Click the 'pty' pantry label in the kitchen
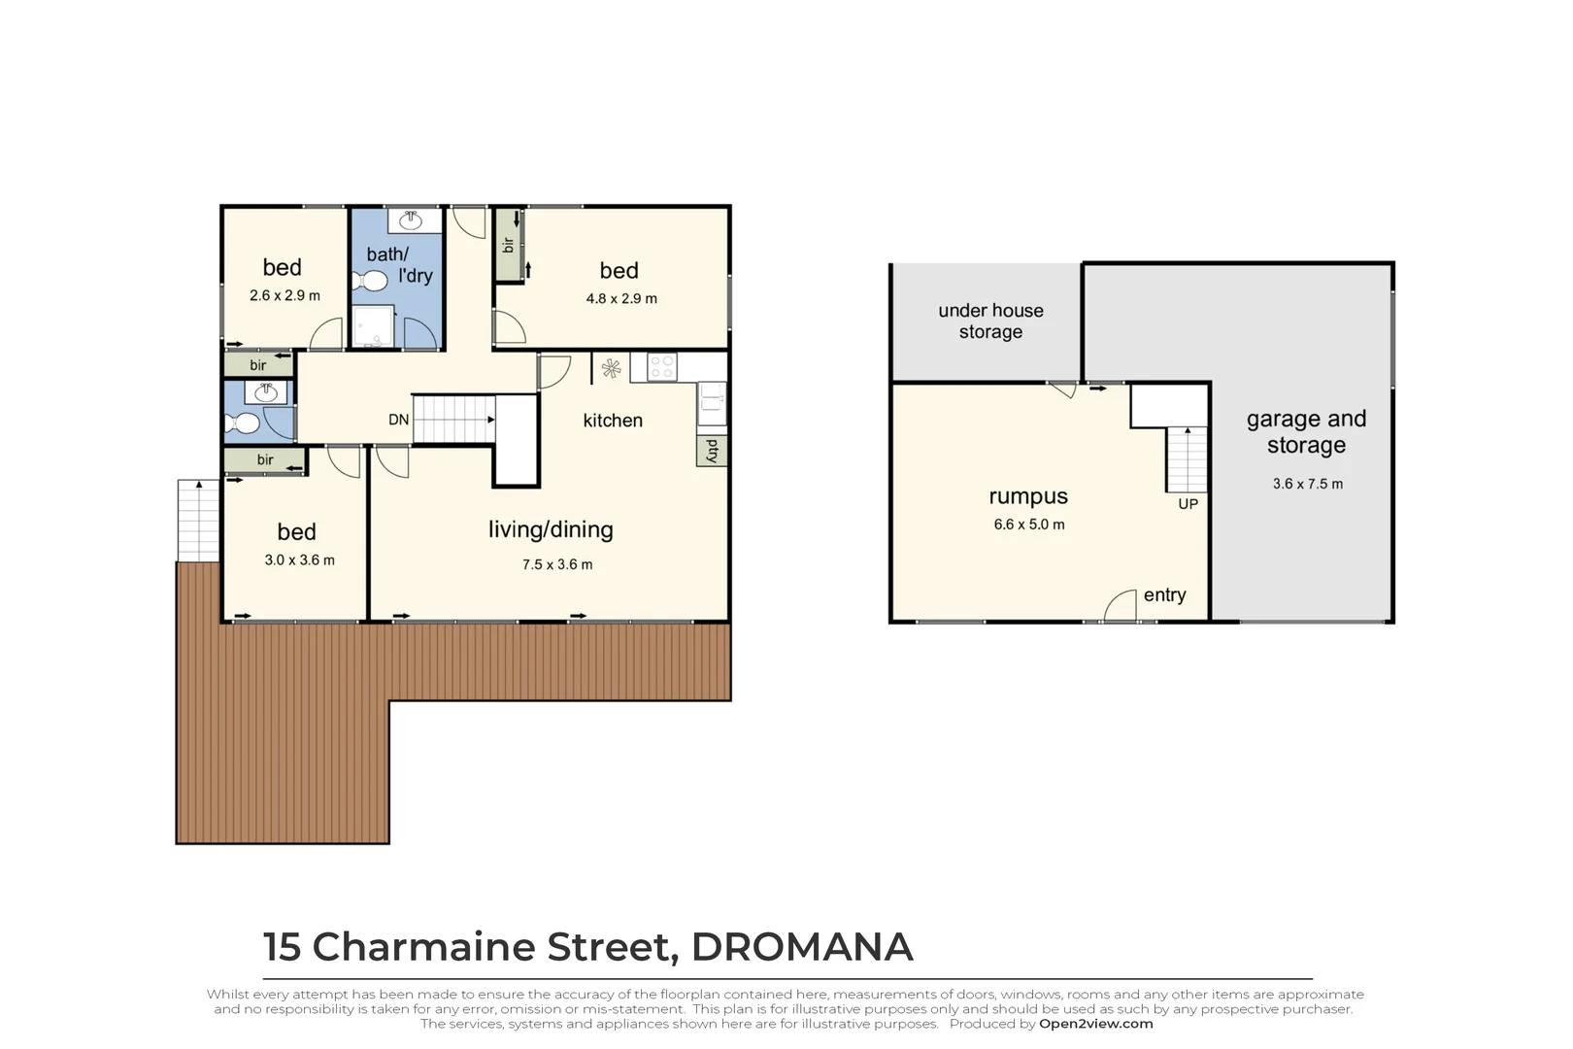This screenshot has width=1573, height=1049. click(712, 450)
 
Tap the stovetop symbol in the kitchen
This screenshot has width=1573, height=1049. click(662, 367)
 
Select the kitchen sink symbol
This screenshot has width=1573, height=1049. click(712, 403)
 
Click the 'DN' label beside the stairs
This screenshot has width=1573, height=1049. click(398, 420)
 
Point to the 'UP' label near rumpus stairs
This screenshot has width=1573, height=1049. click(1188, 504)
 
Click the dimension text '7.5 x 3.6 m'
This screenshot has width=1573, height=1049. click(557, 564)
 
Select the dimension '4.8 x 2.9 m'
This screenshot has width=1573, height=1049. click(621, 298)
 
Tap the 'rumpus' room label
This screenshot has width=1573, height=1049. click(1028, 496)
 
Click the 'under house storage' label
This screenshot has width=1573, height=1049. click(990, 321)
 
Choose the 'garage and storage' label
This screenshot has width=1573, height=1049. click(1306, 431)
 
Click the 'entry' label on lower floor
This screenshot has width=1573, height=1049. click(1164, 594)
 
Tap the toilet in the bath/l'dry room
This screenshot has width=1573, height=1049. click(370, 282)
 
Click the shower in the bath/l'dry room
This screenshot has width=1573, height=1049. click(374, 327)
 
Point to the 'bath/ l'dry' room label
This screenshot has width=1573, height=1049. click(398, 264)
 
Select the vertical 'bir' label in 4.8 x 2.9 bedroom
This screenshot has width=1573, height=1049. click(508, 245)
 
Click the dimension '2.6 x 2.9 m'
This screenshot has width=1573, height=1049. click(284, 295)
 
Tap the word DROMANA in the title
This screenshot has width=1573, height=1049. click(801, 947)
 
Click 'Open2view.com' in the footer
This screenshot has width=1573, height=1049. click(1095, 1024)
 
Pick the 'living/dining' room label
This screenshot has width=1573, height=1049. click(551, 529)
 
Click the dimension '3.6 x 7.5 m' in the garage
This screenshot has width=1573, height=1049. click(1307, 484)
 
